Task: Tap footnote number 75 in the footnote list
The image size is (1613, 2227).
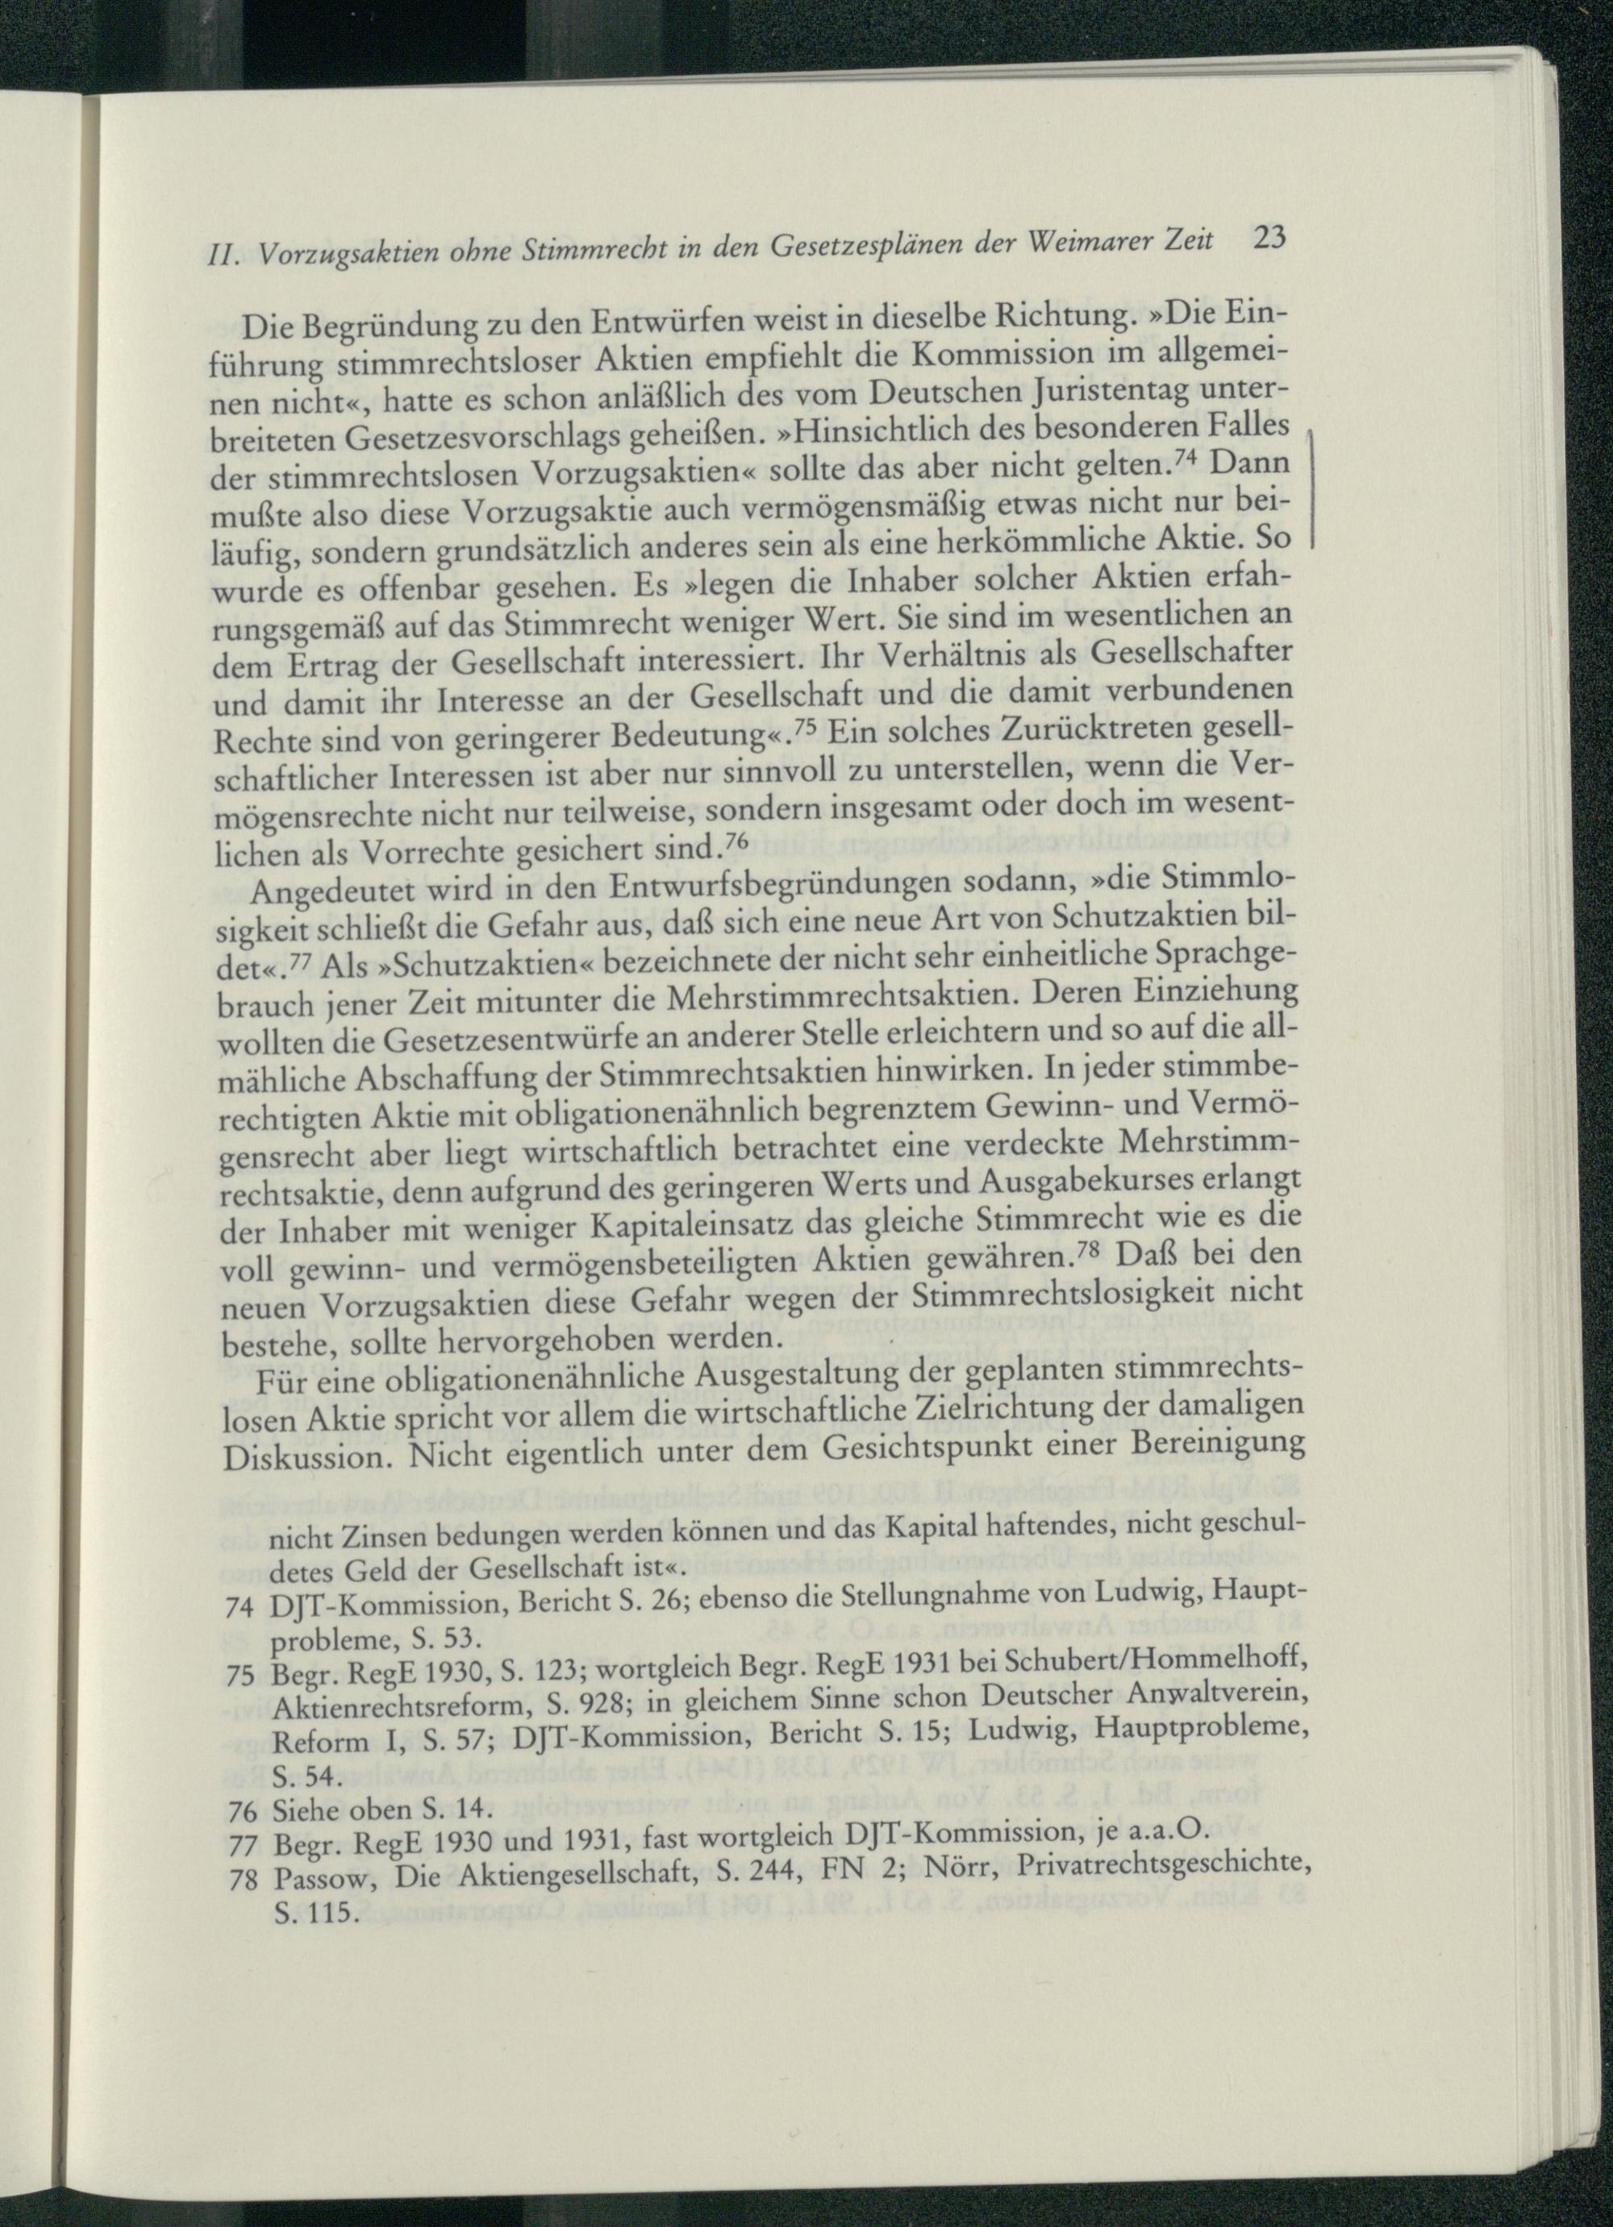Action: pyautogui.click(x=240, y=1678)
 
